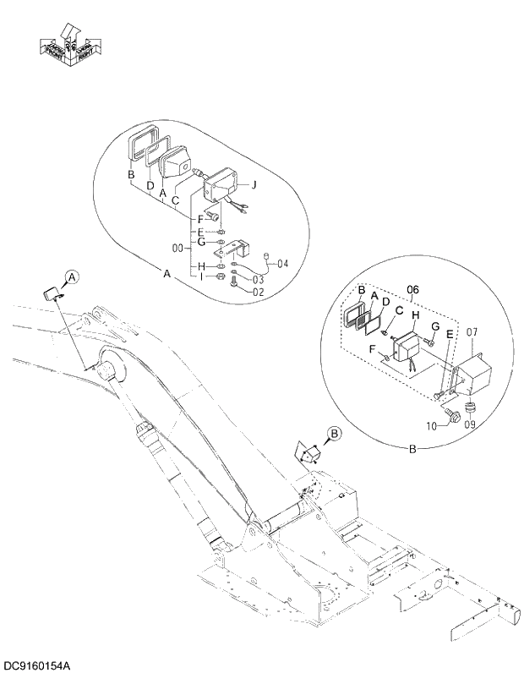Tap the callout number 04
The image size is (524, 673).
(282, 264)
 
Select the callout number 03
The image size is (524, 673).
(258, 279)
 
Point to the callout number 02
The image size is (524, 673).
(259, 293)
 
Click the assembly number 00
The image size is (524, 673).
(177, 249)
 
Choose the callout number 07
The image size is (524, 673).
(472, 331)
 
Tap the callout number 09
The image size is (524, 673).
(471, 424)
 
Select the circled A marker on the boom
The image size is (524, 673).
(72, 277)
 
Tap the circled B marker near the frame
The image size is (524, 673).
(334, 434)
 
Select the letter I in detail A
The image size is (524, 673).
(200, 276)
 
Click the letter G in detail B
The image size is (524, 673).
(434, 326)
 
